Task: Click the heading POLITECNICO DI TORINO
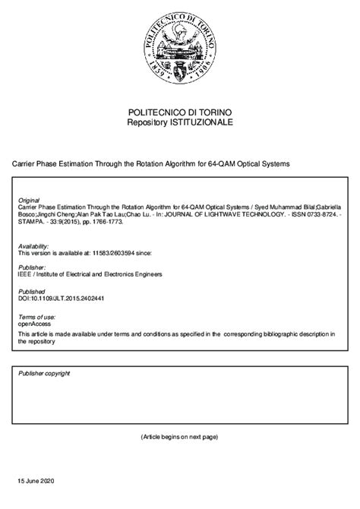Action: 180,112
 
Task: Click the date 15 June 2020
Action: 36,482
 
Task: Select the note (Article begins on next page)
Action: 179,438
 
